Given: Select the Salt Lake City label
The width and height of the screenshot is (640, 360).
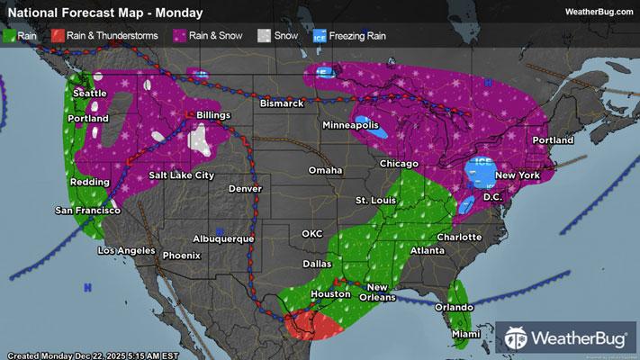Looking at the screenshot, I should click(181, 175).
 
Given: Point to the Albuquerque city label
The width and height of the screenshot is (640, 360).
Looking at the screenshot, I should click(224, 238).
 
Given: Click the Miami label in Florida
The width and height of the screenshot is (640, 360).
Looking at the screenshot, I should click(466, 334).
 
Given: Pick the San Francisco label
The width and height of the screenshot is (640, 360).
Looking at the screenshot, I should click(87, 210).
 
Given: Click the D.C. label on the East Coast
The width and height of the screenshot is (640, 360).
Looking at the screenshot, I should click(492, 196).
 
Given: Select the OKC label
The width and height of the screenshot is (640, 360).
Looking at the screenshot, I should click(311, 233).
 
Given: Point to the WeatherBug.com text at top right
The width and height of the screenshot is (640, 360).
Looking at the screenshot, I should click(598, 12).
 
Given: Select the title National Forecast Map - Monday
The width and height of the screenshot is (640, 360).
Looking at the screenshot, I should click(104, 13).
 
